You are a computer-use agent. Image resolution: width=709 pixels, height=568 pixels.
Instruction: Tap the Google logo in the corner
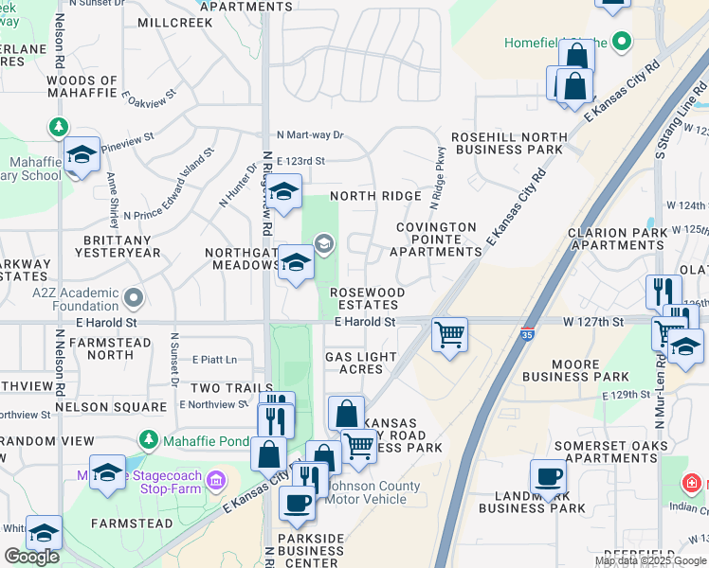click(x=32, y=557)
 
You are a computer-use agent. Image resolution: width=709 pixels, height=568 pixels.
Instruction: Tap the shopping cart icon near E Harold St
click(x=448, y=332)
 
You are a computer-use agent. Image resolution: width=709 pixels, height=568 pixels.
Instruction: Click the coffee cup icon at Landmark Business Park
click(x=548, y=476)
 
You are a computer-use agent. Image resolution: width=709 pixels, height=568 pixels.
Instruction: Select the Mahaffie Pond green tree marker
click(x=148, y=440)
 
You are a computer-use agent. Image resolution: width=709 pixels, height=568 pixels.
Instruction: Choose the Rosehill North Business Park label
click(x=507, y=143)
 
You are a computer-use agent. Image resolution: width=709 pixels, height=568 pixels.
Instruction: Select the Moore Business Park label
click(x=575, y=370)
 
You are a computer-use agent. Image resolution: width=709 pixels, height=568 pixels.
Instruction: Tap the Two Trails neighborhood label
click(x=231, y=388)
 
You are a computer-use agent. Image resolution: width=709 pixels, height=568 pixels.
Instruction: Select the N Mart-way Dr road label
click(x=310, y=135)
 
